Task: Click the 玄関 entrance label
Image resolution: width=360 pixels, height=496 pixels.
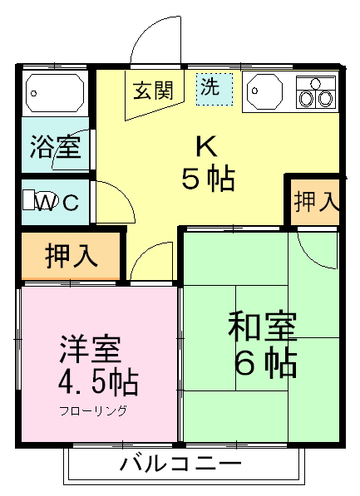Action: tap(153, 89)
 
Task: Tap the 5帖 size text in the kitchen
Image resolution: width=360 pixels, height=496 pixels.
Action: tap(208, 178)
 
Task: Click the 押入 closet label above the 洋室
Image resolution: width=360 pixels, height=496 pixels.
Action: tap(70, 255)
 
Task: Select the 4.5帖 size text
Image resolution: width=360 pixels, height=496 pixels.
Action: tap(97, 383)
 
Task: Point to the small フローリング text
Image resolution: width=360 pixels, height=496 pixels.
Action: tap(93, 411)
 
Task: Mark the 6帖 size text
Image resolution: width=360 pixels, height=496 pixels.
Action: tap(264, 363)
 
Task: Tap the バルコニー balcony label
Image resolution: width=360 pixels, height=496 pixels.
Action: tap(180, 462)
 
